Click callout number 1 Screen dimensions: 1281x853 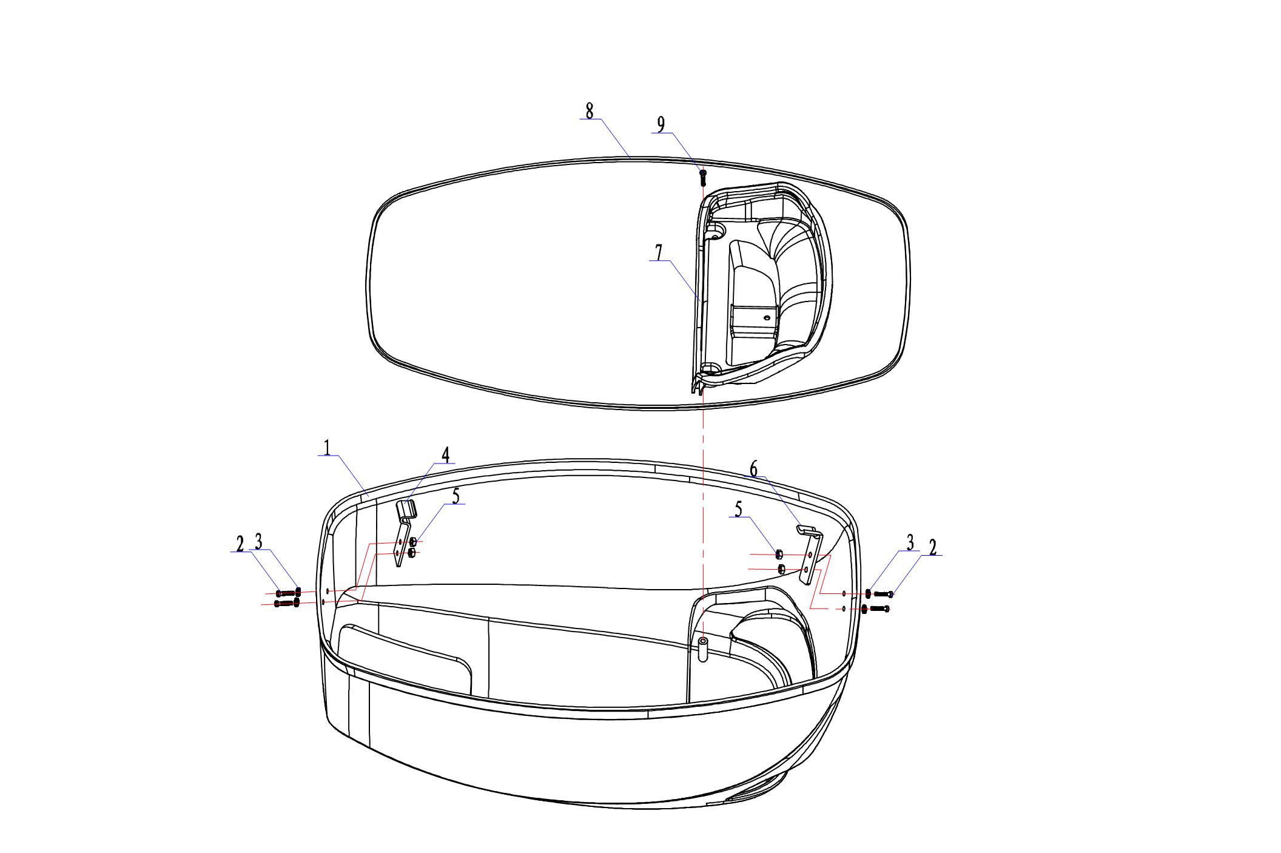coord(327,448)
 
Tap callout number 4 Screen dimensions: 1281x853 coord(445,455)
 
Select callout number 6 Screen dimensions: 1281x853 coord(753,468)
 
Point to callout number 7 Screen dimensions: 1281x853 coord(659,252)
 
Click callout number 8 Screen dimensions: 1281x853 coord(589,111)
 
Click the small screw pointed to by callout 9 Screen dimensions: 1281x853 coord(703,178)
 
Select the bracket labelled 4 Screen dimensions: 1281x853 coord(405,531)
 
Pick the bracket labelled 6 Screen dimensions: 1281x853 coord(809,554)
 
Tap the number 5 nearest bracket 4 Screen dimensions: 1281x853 coord(456,496)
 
